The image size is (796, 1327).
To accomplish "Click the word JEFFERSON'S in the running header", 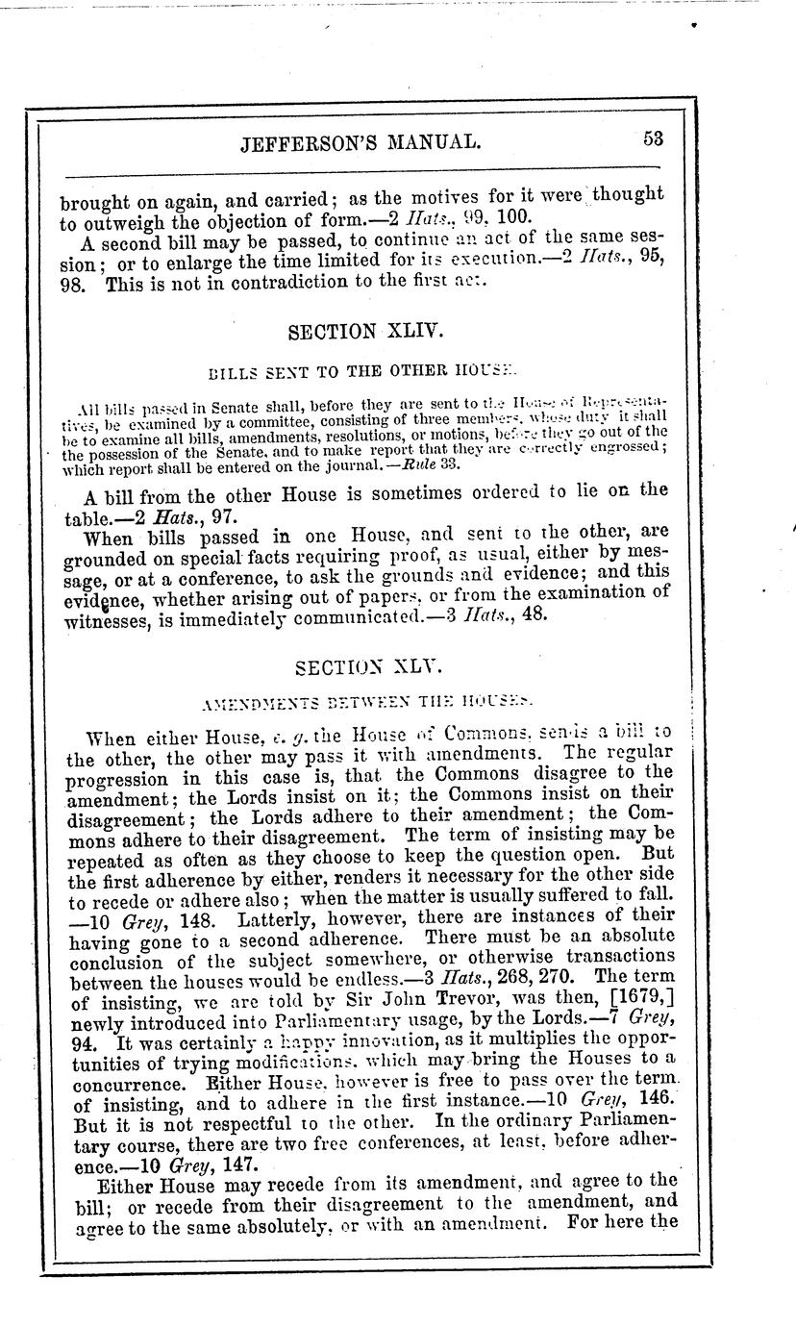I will (305, 143).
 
